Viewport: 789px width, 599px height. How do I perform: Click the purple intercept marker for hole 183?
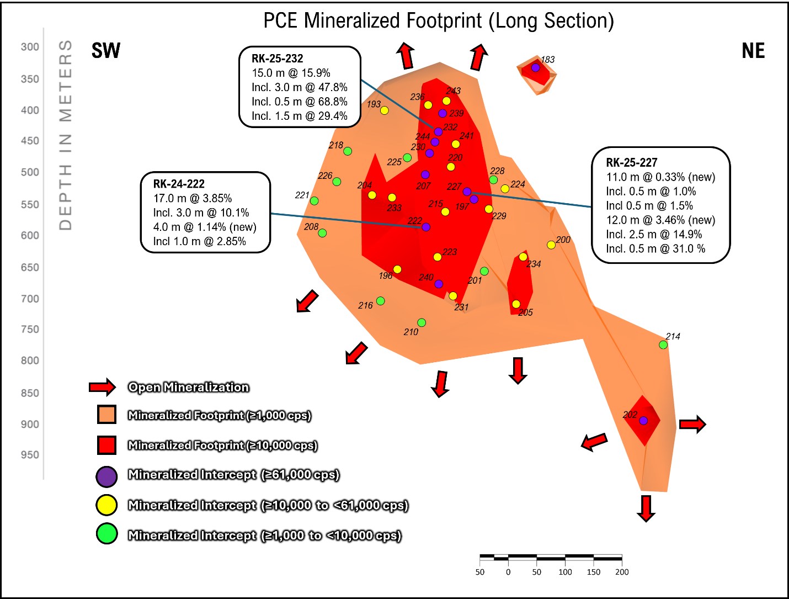(536, 67)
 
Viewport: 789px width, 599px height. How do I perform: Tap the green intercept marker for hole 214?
(663, 345)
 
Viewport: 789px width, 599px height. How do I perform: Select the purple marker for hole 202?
(643, 420)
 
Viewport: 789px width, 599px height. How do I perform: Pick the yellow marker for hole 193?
(384, 110)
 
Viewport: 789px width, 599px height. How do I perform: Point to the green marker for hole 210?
(422, 322)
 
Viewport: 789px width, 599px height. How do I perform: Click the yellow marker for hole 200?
(551, 245)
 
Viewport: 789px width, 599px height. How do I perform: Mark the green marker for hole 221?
(314, 200)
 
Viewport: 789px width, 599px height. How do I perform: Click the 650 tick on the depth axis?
(30, 268)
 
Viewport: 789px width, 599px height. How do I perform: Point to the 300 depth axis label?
(30, 47)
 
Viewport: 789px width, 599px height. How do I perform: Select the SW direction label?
(106, 50)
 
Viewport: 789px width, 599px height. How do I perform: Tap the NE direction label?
(753, 51)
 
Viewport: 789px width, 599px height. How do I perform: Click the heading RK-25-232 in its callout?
(277, 59)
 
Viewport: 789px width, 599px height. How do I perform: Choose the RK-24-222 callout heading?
(179, 184)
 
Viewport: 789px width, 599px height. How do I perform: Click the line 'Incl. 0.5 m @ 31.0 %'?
(655, 248)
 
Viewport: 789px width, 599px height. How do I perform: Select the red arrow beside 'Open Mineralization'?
(103, 387)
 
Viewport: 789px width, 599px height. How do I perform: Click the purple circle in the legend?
(106, 476)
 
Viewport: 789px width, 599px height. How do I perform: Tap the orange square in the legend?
(106, 415)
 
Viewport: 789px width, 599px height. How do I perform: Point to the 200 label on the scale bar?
(622, 572)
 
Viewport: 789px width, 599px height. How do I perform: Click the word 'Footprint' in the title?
(444, 20)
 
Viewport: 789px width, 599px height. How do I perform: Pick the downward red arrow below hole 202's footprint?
(646, 508)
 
